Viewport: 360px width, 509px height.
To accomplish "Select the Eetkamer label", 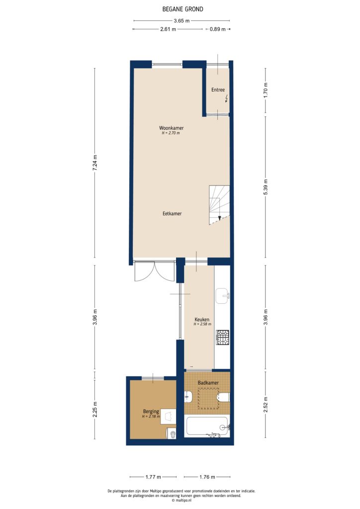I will click(172, 213).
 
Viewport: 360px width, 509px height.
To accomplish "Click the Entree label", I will click(218, 90).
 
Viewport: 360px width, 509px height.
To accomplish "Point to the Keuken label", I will click(202, 319).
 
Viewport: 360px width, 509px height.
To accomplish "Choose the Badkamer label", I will click(208, 383).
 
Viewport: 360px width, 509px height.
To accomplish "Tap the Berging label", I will click(151, 412).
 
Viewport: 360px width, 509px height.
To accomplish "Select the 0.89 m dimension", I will click(217, 29).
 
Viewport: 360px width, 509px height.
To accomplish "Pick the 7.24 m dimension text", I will click(95, 164).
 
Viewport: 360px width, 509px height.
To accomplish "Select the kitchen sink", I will click(222, 295).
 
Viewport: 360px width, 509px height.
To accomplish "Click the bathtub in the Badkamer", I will click(207, 426).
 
